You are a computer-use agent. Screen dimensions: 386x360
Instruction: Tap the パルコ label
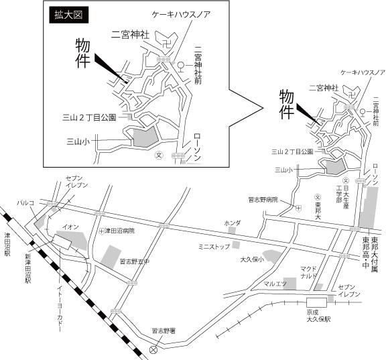(27, 201)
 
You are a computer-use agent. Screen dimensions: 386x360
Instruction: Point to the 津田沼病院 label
(119, 231)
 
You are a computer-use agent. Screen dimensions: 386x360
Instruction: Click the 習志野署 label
(164, 331)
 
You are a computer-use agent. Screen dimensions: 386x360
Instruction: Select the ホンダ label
(232, 222)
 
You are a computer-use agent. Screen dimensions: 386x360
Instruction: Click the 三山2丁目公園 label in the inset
(89, 117)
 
